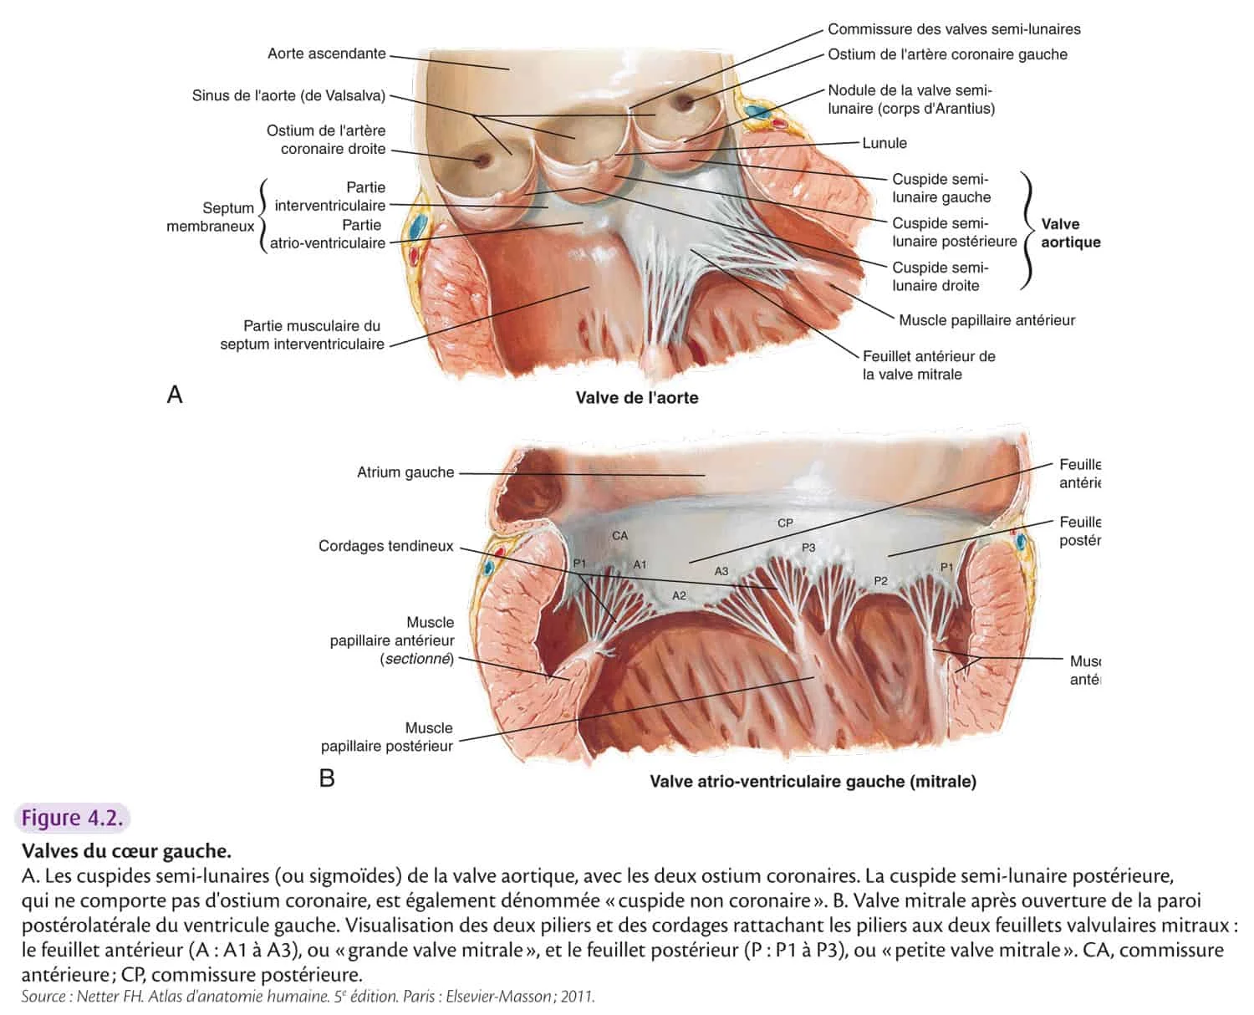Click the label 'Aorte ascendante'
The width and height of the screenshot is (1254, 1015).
coord(326,54)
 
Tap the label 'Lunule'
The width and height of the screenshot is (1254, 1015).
coord(884,143)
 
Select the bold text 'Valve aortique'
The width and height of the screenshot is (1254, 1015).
coord(1070,233)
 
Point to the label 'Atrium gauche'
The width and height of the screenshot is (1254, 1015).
coord(405,472)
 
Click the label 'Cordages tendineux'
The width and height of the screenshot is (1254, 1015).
coord(385,546)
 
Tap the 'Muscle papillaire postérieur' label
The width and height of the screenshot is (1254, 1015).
coord(387,737)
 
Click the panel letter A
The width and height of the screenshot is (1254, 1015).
coord(175,394)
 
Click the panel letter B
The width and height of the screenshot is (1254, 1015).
coord(327,778)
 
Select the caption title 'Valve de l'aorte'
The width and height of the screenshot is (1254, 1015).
coord(636,398)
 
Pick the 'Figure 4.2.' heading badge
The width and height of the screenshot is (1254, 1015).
coord(72,818)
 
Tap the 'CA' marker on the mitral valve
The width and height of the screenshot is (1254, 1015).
coord(619,536)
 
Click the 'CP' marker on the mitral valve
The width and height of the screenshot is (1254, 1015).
coord(785,523)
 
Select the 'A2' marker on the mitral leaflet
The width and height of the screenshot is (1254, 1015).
coord(679,595)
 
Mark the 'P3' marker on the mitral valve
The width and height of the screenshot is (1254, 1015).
coord(808,548)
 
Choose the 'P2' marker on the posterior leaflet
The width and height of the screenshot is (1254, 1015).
coord(880,581)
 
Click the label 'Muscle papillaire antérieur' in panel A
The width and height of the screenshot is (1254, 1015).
coord(986,320)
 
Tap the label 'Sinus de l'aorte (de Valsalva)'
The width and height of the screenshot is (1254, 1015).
coord(288,96)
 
